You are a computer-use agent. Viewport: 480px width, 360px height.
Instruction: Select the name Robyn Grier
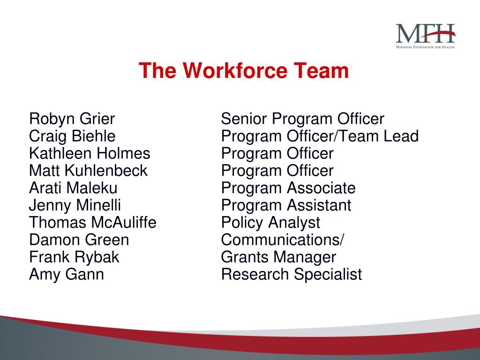[x=72, y=119]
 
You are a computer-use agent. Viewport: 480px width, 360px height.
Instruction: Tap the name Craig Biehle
[x=72, y=136]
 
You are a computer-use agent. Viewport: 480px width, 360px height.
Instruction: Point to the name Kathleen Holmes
[x=90, y=154]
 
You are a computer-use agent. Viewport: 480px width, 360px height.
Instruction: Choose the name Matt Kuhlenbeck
[x=88, y=171]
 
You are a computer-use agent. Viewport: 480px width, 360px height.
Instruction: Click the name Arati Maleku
[x=73, y=188]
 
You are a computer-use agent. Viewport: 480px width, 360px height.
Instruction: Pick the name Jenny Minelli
[x=75, y=205]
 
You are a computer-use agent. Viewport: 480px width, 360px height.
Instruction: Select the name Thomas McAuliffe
[x=93, y=222]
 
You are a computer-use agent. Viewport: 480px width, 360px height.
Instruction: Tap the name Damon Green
[x=79, y=240]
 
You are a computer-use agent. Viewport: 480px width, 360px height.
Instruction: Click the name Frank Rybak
[x=74, y=257]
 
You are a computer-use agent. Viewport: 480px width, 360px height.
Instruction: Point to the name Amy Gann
[x=67, y=274]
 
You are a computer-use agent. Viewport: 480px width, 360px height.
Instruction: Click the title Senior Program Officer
[x=302, y=119]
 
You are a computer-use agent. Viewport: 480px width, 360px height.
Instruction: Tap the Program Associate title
[x=288, y=188]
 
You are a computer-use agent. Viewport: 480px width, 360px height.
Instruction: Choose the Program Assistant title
[x=286, y=205]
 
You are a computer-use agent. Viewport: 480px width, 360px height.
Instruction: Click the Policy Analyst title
[x=270, y=222]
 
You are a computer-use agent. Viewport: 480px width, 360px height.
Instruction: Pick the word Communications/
[x=282, y=240]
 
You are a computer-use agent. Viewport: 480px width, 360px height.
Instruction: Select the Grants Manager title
[x=278, y=257]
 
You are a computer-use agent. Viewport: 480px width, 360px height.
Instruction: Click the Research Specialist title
[x=291, y=274]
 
